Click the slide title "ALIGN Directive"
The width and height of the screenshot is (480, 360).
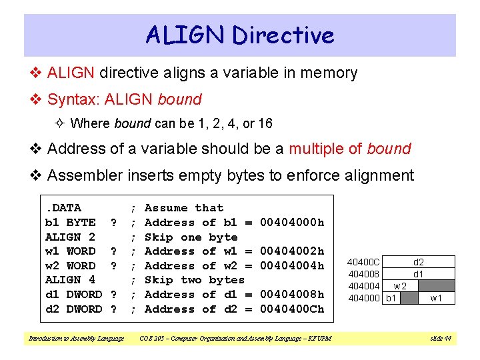(x=240, y=35)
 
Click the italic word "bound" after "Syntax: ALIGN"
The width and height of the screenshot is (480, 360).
(x=179, y=100)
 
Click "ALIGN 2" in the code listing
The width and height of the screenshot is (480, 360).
(x=69, y=237)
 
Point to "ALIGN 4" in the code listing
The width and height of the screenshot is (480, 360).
(x=69, y=280)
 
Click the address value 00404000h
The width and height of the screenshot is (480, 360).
(x=291, y=223)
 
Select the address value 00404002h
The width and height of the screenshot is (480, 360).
(x=291, y=251)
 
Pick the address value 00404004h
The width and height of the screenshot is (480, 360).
(x=291, y=266)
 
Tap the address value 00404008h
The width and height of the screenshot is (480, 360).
(x=291, y=295)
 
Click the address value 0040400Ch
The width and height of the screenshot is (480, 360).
(x=291, y=309)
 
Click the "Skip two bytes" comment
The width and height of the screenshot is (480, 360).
(x=194, y=280)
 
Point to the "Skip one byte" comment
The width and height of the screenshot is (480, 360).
(x=191, y=237)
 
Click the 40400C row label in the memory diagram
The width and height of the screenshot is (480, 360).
(x=365, y=263)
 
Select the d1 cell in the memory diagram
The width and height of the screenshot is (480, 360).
(x=419, y=274)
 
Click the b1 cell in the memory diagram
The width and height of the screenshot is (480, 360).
(x=392, y=298)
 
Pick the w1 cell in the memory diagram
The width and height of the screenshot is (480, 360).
(x=437, y=298)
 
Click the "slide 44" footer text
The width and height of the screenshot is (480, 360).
(x=441, y=339)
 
